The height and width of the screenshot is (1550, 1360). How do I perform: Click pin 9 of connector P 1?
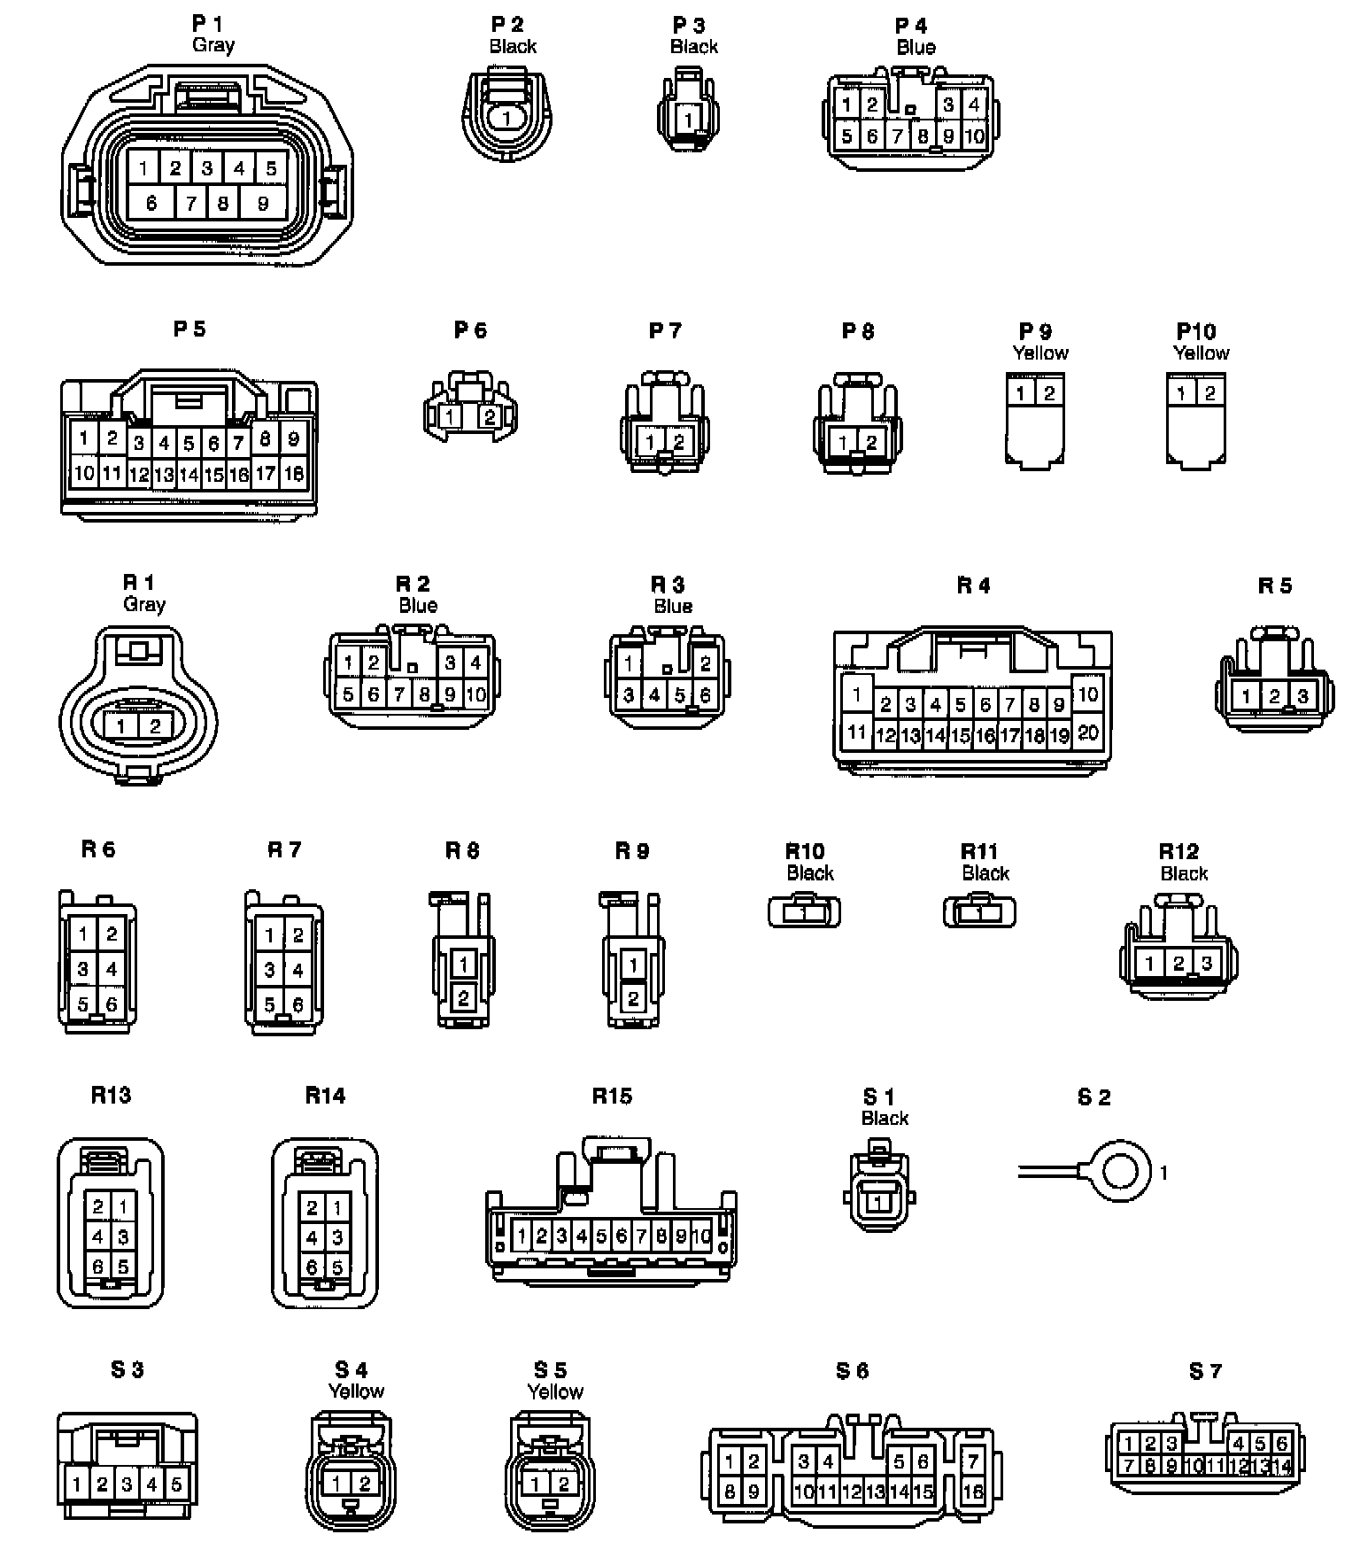click(x=263, y=203)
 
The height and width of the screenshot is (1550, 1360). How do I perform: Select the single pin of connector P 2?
click(x=506, y=118)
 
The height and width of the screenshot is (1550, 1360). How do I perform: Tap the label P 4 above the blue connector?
click(x=911, y=26)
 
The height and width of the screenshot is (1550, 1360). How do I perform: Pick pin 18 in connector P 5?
click(x=293, y=474)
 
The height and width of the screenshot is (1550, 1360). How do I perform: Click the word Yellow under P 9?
click(x=1040, y=353)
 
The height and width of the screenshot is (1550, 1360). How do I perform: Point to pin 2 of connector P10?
click(x=1209, y=392)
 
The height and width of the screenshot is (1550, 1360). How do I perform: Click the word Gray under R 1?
click(x=144, y=604)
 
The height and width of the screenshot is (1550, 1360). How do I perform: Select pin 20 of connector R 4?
click(x=1088, y=732)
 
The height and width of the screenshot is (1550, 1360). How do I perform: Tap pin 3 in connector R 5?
click(x=1302, y=696)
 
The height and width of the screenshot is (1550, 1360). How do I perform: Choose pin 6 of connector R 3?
click(x=706, y=695)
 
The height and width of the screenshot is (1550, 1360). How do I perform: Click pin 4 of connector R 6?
click(x=112, y=969)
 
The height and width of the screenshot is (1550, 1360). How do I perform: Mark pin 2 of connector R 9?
click(x=633, y=999)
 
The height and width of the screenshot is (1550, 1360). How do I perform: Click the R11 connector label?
click(x=979, y=851)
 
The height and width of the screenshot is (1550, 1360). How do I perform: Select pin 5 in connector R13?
click(x=123, y=1267)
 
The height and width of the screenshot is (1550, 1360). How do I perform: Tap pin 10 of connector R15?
click(x=701, y=1236)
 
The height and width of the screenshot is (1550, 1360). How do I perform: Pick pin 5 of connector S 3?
click(x=176, y=1484)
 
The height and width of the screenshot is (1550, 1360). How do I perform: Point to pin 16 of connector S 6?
click(x=972, y=1492)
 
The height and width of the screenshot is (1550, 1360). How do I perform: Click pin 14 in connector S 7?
click(x=1281, y=1467)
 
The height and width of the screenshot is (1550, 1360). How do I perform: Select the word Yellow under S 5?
click(x=555, y=1391)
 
